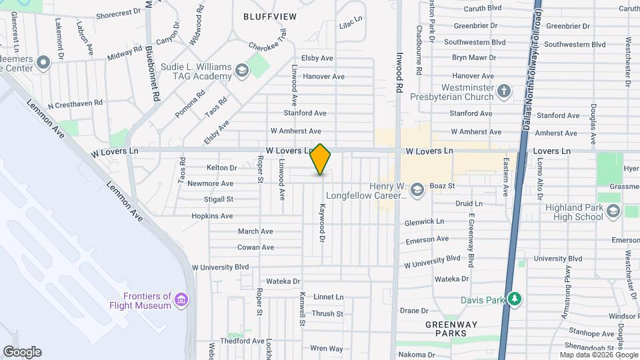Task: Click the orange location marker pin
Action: point(321,159)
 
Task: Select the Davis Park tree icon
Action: point(513,299)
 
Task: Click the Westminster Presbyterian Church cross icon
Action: point(505,91)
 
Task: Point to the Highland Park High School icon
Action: point(613,212)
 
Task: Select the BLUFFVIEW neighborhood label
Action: point(269,16)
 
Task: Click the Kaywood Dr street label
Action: point(322,222)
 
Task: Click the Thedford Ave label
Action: point(242,341)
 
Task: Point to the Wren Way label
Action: point(327,349)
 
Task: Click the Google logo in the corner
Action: point(22,352)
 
